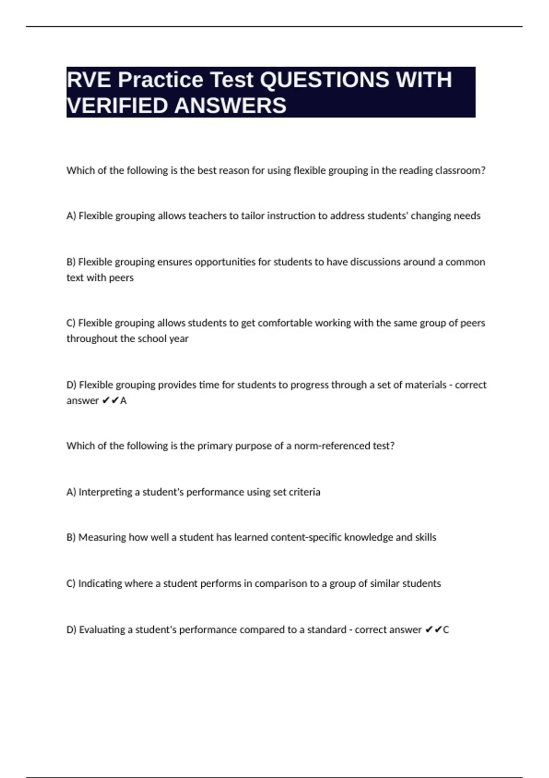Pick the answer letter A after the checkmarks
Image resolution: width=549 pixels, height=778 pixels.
(x=123, y=400)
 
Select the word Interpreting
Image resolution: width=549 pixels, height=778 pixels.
(x=105, y=492)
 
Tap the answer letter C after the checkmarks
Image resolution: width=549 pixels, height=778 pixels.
(x=446, y=630)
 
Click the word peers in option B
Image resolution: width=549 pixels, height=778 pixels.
(x=121, y=277)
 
